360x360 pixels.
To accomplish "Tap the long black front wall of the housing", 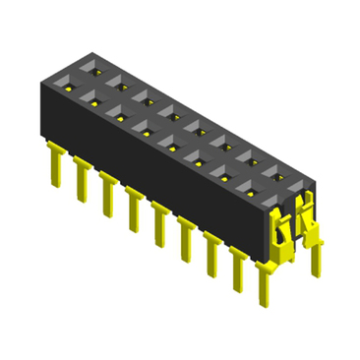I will point(148,167).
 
